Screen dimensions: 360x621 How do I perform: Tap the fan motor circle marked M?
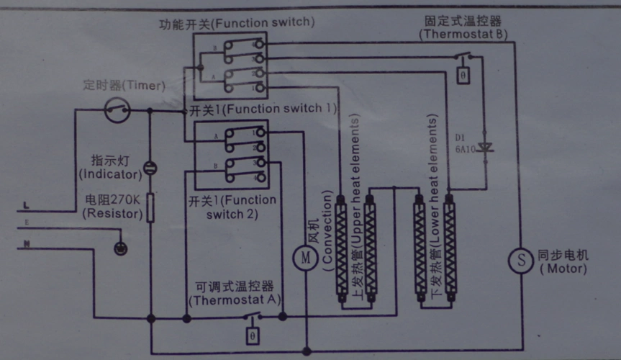pos(305,256)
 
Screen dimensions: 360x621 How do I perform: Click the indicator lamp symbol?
pos(150,168)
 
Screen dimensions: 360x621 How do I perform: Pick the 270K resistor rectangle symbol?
pos(150,207)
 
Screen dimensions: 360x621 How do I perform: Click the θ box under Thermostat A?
pos(252,335)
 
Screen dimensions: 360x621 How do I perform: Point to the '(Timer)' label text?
pos(143,86)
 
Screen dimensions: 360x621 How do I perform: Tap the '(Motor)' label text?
pos(563,269)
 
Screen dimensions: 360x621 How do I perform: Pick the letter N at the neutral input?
pos(27,245)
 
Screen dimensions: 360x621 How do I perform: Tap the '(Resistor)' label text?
pos(111,212)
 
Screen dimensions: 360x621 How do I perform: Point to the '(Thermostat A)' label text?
pos(235,300)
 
